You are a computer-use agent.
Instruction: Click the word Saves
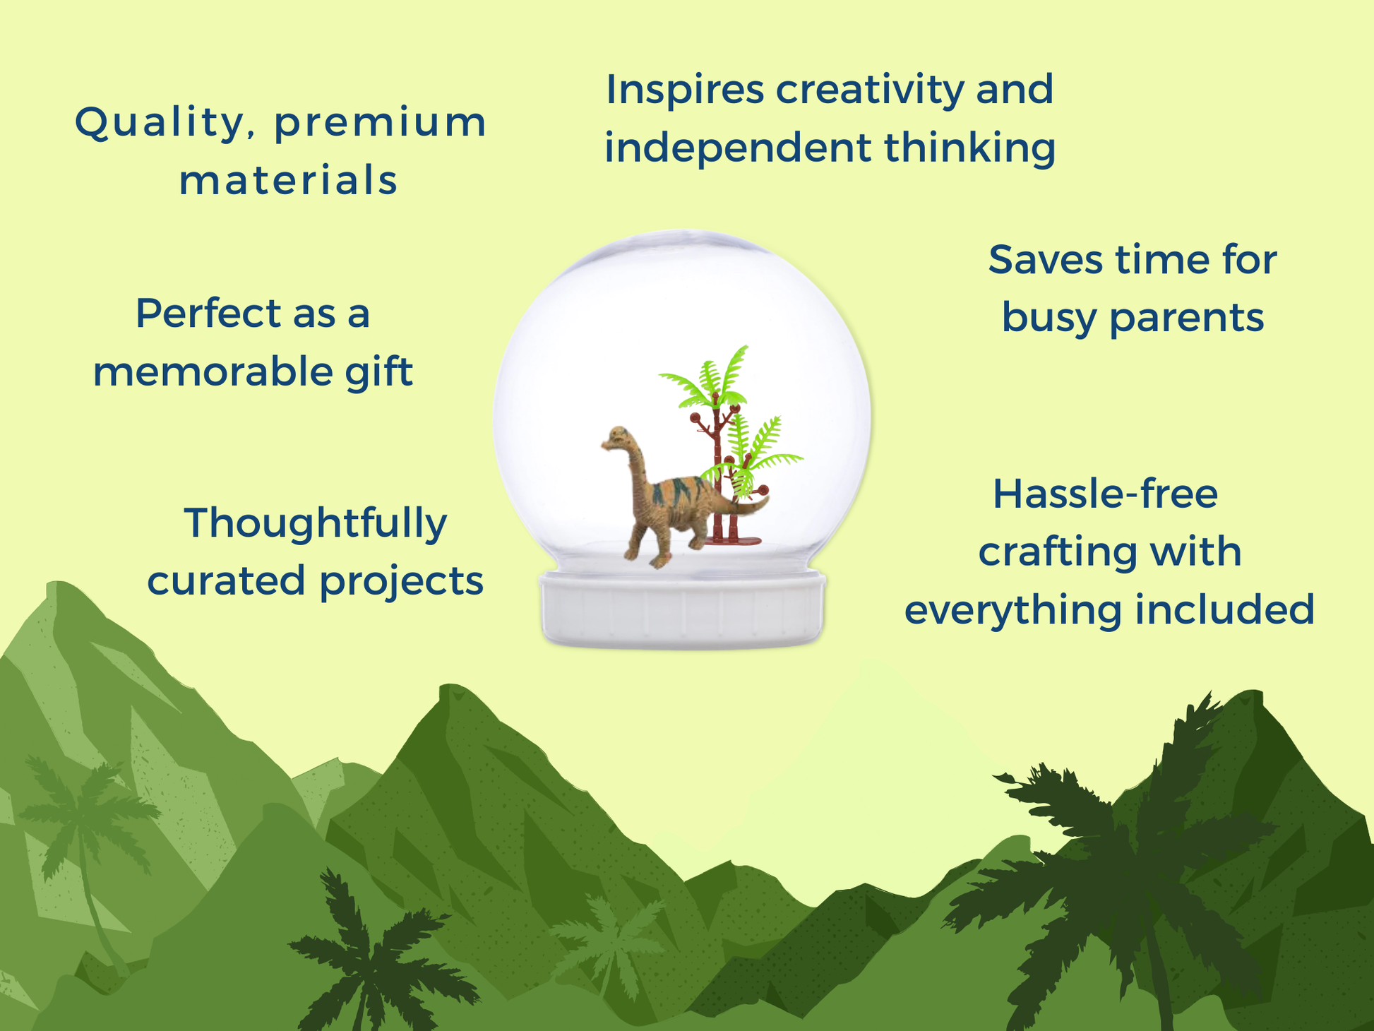[x=1046, y=260]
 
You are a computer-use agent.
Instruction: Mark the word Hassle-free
[x=1105, y=494]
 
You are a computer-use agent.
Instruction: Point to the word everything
[x=1013, y=611]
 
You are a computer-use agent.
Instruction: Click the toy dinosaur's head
[x=615, y=438]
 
